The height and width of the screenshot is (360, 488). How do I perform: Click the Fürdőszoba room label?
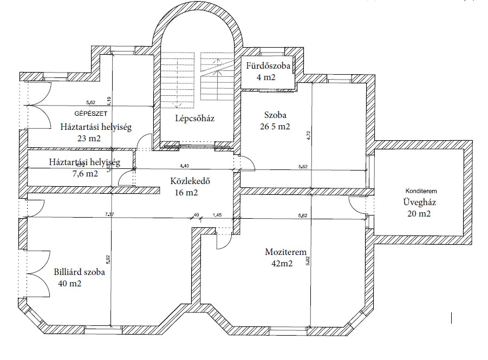(268, 67)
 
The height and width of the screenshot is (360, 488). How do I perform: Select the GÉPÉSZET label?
(90, 114)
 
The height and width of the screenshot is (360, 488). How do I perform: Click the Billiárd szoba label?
(79, 273)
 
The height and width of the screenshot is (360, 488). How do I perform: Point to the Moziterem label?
(286, 252)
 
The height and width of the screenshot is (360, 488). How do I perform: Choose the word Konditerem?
(421, 191)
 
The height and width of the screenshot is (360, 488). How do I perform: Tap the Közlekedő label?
(190, 182)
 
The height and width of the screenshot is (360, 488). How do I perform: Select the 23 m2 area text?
(89, 139)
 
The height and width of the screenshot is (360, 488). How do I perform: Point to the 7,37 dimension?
(109, 215)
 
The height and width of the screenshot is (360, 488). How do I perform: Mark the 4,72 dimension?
(308, 134)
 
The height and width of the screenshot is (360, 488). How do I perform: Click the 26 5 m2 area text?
(275, 128)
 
